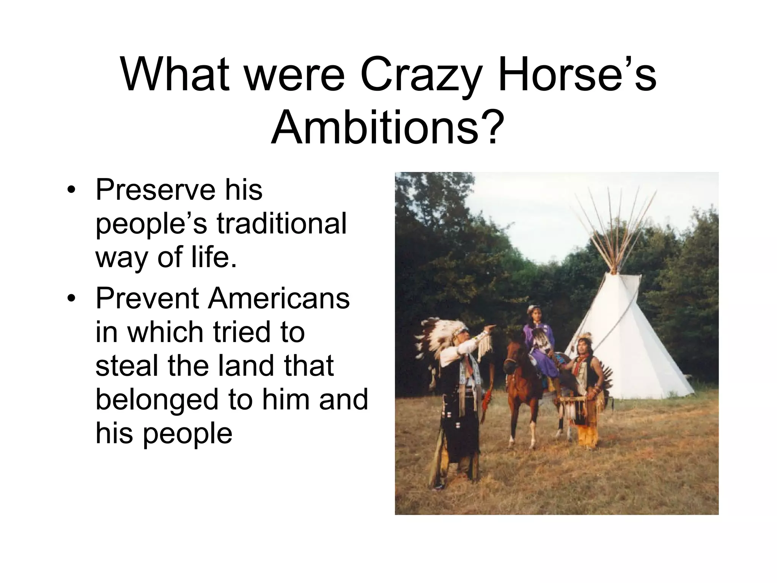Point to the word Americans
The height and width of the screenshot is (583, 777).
pyautogui.click(x=278, y=298)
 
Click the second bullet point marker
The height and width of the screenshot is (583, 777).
pyautogui.click(x=71, y=299)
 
